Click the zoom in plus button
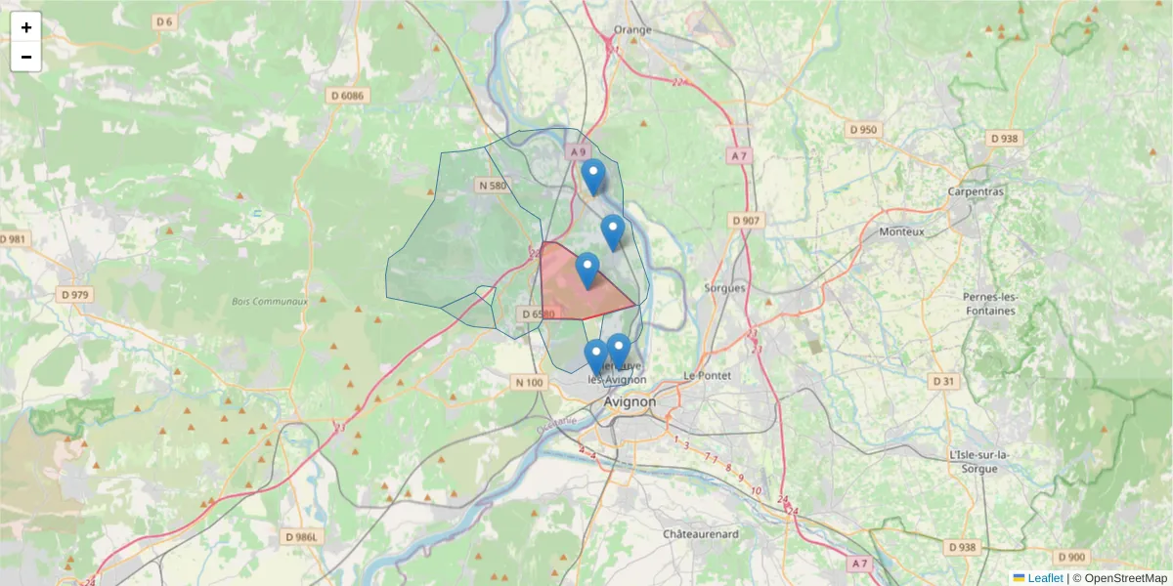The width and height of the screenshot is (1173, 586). click(x=26, y=27)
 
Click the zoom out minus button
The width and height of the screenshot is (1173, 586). click(x=26, y=57)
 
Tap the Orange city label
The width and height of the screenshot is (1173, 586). click(x=632, y=29)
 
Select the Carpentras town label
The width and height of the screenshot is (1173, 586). click(x=976, y=191)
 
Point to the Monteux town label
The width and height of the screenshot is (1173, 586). click(x=901, y=231)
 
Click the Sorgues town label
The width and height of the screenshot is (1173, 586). click(x=724, y=288)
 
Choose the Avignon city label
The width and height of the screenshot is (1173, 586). click(x=630, y=401)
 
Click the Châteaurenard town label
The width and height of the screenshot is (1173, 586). click(x=701, y=534)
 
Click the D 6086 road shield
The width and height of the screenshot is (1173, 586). click(x=347, y=96)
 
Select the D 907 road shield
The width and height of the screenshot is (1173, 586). click(x=746, y=221)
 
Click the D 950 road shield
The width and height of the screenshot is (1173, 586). click(x=864, y=129)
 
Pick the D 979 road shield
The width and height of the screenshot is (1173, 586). click(x=74, y=295)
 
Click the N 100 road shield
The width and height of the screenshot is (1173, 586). click(x=528, y=383)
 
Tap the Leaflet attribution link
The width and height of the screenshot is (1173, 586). click(x=1044, y=578)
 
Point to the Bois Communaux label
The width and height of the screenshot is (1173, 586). click(x=270, y=302)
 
